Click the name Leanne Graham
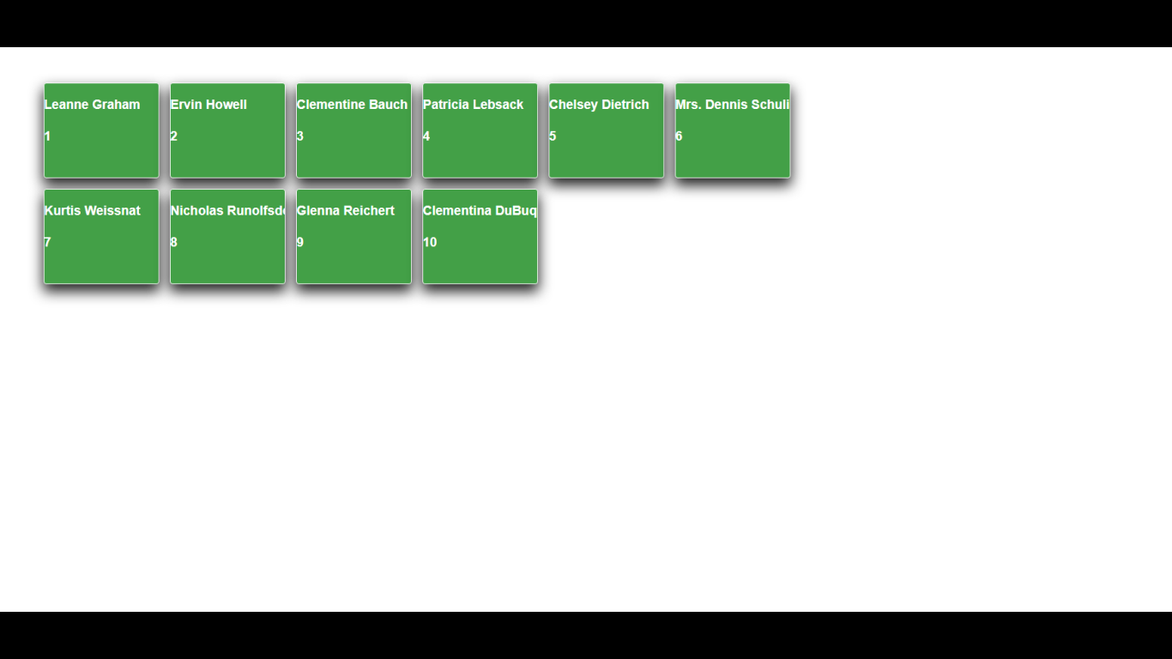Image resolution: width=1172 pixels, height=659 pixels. (x=92, y=105)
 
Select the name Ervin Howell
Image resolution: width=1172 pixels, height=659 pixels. (x=208, y=105)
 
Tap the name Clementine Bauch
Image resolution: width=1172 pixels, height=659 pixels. (x=352, y=105)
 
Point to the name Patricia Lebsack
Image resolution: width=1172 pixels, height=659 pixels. (x=473, y=105)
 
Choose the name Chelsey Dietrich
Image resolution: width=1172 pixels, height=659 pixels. (x=599, y=105)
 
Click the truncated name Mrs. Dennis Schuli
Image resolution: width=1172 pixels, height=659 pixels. (x=732, y=105)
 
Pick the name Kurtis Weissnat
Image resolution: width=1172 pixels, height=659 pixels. (x=92, y=211)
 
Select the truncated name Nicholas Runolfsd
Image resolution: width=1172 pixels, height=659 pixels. (x=227, y=211)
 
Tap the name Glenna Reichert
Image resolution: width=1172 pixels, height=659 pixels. (x=345, y=211)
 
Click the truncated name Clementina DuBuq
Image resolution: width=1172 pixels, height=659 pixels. (x=480, y=211)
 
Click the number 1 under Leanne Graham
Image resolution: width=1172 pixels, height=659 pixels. (x=48, y=136)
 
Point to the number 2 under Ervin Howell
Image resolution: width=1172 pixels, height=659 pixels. (x=174, y=136)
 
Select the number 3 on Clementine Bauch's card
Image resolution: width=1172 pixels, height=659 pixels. (x=300, y=136)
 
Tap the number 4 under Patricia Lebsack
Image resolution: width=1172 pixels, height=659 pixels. (x=426, y=136)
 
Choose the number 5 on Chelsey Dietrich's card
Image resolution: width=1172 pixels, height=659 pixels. (x=553, y=136)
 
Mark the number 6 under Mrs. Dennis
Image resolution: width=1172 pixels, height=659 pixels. (x=679, y=136)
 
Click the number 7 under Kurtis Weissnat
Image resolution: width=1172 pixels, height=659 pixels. (x=48, y=243)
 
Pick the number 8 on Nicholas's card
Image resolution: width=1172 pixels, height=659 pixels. (x=174, y=243)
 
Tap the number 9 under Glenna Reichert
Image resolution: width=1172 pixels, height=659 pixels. (x=300, y=243)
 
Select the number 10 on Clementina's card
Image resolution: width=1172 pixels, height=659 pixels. (x=430, y=243)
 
